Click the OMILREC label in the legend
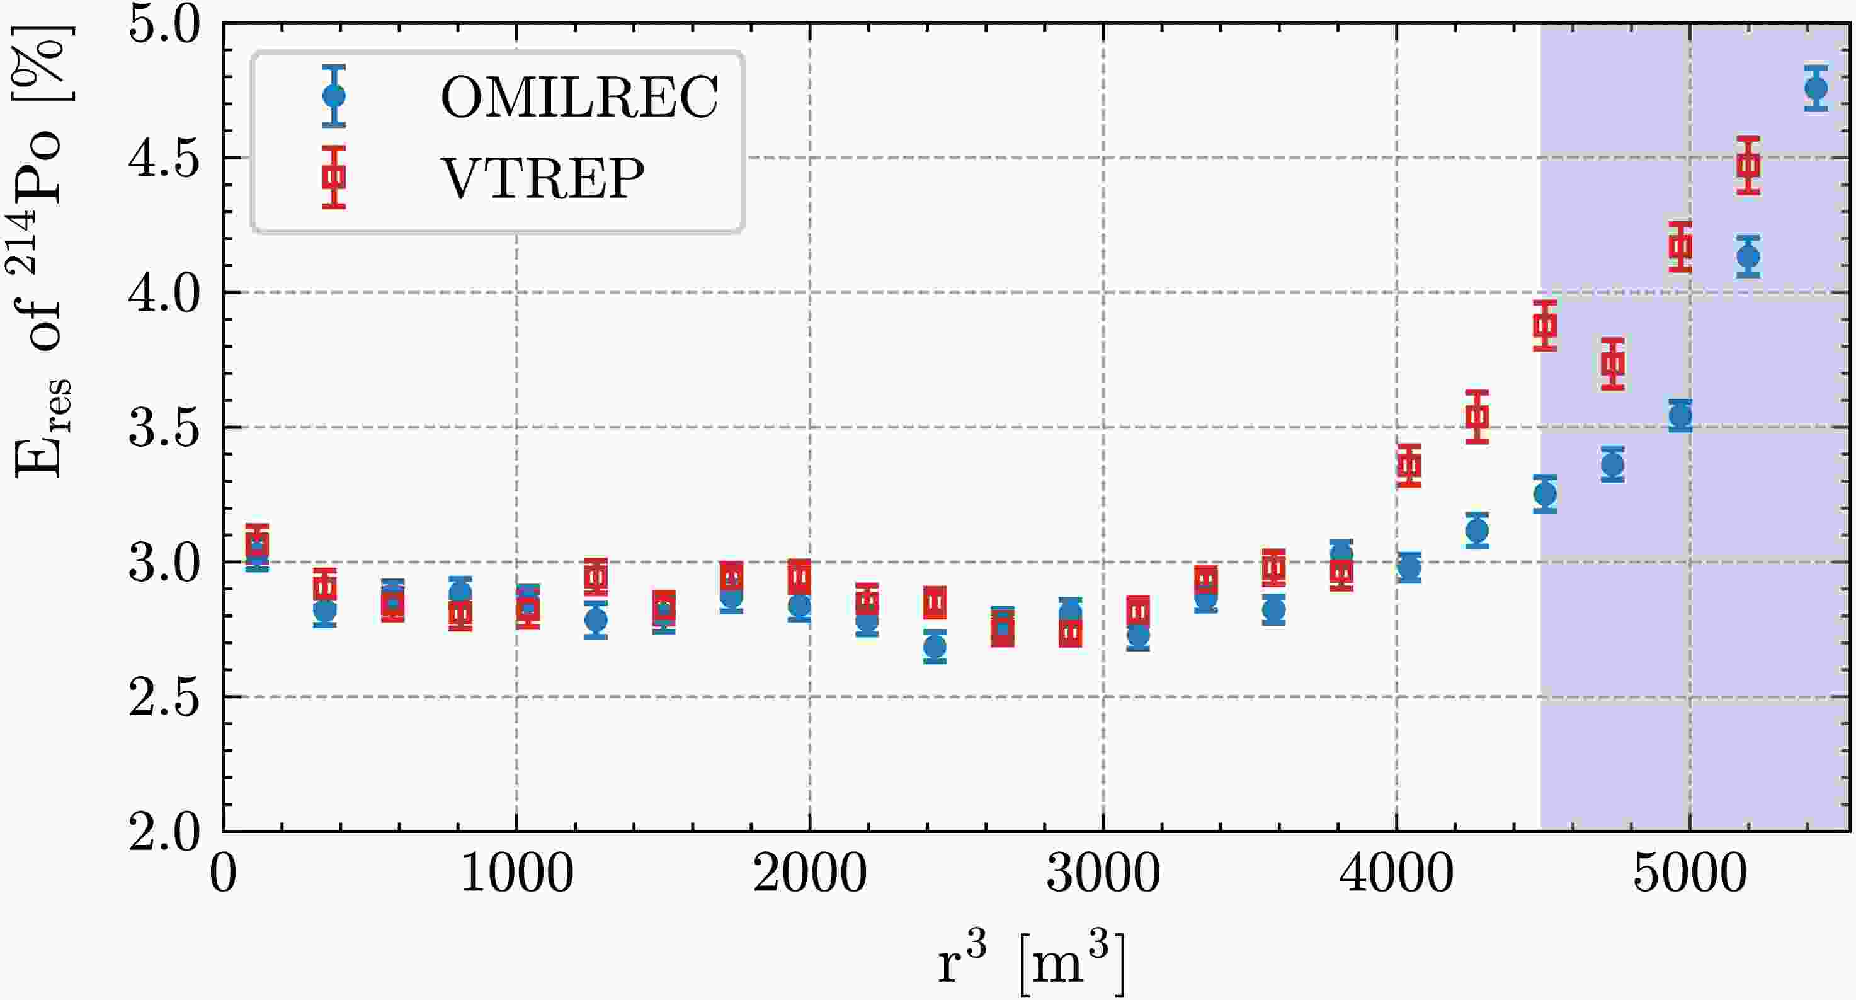[579, 96]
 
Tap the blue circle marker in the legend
[334, 96]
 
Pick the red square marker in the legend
[334, 176]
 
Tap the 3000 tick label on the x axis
[1102, 874]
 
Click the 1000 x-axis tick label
[516, 874]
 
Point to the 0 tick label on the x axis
[224, 874]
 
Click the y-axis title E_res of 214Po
[40, 252]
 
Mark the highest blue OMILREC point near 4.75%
[1816, 88]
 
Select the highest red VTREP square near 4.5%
[1748, 165]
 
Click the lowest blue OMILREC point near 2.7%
[935, 647]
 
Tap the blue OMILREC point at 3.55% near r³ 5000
[1680, 415]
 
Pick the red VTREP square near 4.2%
[1680, 246]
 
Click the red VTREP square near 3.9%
[1545, 325]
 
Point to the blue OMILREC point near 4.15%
[1748, 256]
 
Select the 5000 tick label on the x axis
[1690, 874]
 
